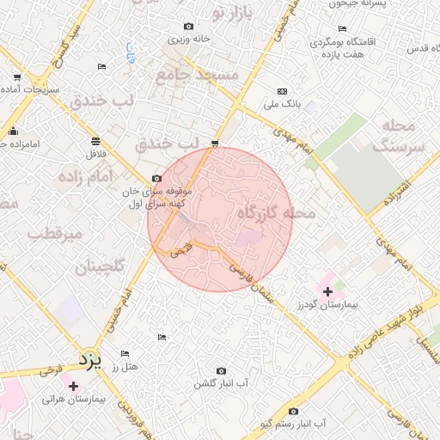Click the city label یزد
click(x=89, y=356)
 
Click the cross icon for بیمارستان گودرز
click(x=327, y=292)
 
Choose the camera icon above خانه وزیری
click(x=189, y=27)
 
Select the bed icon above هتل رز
click(x=125, y=354)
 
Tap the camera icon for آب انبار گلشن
click(x=222, y=370)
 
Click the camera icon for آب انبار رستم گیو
click(x=294, y=411)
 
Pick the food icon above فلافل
click(x=95, y=141)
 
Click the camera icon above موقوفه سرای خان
click(x=156, y=178)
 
